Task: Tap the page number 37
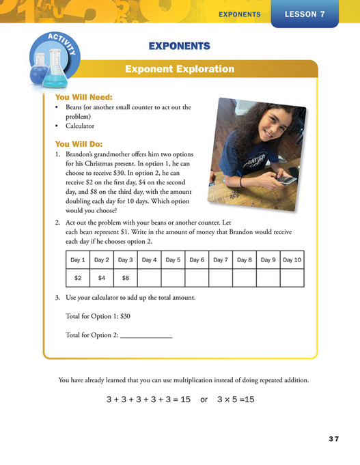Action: point(333,438)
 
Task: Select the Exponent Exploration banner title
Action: point(180,69)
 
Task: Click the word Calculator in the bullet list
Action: point(80,126)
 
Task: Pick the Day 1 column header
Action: point(78,260)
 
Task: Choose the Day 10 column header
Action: point(292,260)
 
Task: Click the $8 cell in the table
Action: point(125,278)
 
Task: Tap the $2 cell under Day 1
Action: point(78,278)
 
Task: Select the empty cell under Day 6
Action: point(197,278)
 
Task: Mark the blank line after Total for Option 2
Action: point(146,336)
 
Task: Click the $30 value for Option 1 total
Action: point(123,315)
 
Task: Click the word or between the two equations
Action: point(204,399)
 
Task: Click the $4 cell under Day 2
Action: point(101,278)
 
